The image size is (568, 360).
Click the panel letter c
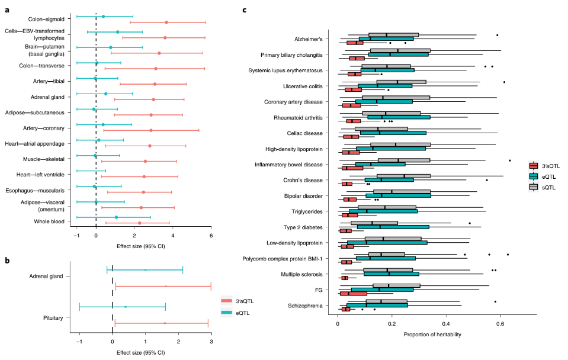pyautogui.click(x=245, y=9)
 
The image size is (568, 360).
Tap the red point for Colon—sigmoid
pyautogui.click(x=166, y=22)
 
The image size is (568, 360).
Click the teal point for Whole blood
pyautogui.click(x=116, y=217)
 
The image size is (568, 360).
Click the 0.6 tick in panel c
pyautogui.click(x=500, y=323)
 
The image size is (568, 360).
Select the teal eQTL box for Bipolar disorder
pyautogui.click(x=398, y=195)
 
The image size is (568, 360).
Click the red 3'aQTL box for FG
pyautogui.click(x=353, y=292)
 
